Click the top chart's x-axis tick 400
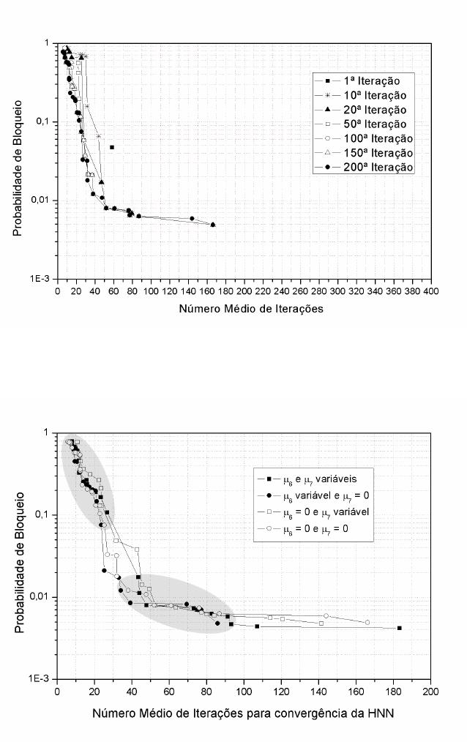tap(431, 291)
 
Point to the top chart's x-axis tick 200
tap(244, 291)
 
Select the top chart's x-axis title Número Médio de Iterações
tap(251, 309)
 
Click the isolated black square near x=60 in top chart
tap(112, 147)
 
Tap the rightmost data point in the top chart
tap(213, 225)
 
